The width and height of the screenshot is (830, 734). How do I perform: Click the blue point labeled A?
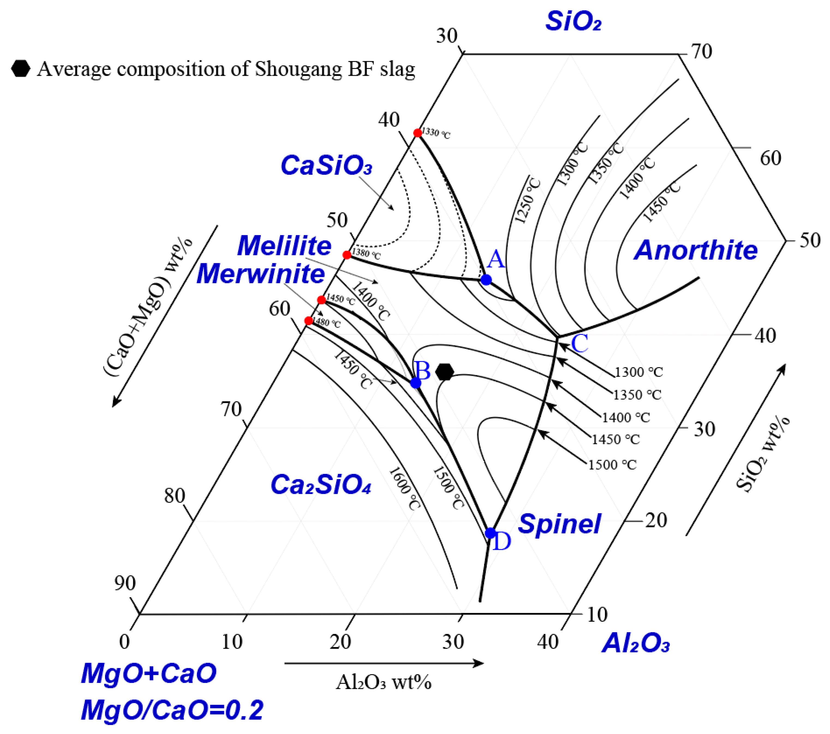pyautogui.click(x=486, y=280)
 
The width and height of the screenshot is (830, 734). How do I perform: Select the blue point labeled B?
pyautogui.click(x=415, y=383)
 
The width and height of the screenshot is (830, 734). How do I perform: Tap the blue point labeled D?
pyautogui.click(x=490, y=533)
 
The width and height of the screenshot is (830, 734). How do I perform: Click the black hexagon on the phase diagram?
pyautogui.click(x=445, y=372)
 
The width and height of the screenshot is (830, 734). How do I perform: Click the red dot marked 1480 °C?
pyautogui.click(x=309, y=321)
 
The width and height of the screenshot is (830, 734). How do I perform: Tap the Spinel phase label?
pyautogui.click(x=559, y=524)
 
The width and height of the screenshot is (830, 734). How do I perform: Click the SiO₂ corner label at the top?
pyautogui.click(x=573, y=21)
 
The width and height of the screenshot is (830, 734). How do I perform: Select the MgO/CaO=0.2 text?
pyautogui.click(x=172, y=710)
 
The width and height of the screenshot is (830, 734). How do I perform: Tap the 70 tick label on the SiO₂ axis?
pyautogui.click(x=702, y=52)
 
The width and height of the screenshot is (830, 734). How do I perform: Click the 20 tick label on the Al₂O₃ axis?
pyautogui.click(x=340, y=642)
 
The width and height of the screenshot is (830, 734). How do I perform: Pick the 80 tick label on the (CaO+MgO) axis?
pyautogui.click(x=175, y=496)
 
